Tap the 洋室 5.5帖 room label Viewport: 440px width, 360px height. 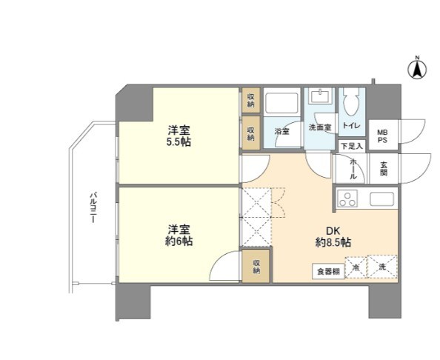point(179,134)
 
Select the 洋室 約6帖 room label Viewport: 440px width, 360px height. point(179,235)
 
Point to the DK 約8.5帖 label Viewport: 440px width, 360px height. point(333,235)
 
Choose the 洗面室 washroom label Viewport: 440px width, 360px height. point(320,127)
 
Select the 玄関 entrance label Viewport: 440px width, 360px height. point(384,168)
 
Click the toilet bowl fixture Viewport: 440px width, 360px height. point(352,101)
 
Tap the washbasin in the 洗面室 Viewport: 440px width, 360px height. point(321,99)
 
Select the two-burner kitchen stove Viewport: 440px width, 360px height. point(348,199)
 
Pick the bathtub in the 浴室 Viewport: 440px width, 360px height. point(281,103)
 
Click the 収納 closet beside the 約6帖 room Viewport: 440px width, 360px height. point(256,267)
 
